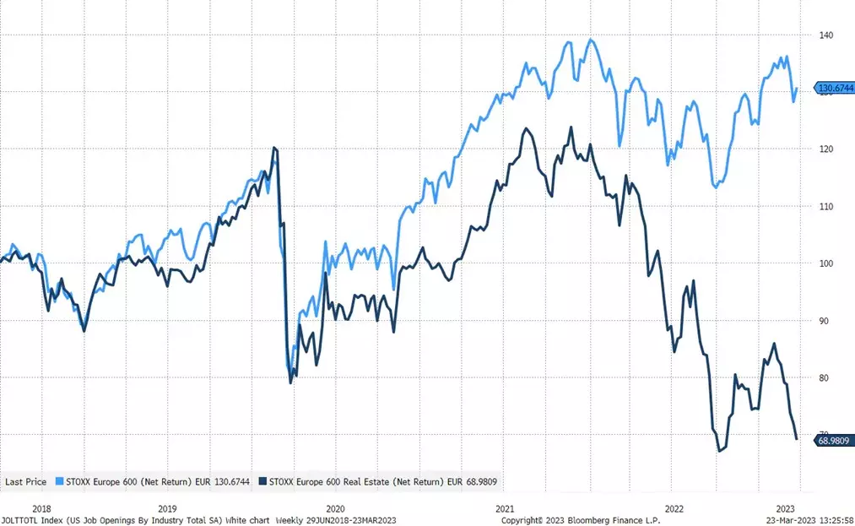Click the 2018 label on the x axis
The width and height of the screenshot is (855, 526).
(x=41, y=509)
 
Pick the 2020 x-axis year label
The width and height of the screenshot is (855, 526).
(x=335, y=509)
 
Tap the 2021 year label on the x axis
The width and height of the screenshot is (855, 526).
(x=505, y=509)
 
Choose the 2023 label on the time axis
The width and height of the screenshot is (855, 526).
(x=785, y=509)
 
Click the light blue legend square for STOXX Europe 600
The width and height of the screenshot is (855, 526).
(x=59, y=481)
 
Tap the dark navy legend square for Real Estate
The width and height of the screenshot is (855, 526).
(x=263, y=481)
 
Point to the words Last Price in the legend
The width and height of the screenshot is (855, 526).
(x=25, y=481)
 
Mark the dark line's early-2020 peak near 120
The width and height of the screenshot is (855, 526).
(x=274, y=148)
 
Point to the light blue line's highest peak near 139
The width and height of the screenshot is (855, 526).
(x=590, y=39)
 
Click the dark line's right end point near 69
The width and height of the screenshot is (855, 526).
(x=797, y=438)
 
